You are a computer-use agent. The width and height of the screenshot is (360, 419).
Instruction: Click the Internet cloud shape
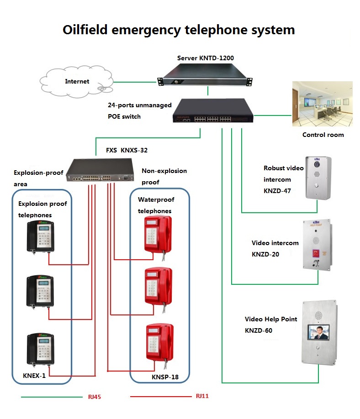pos(77,82)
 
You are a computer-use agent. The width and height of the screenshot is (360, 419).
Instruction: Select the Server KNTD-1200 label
pos(206,58)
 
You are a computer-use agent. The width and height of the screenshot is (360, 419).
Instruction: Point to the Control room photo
pos(322,104)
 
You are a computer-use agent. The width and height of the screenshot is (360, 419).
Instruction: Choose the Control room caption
pos(323,135)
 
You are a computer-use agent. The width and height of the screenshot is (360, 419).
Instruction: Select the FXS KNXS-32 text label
pos(121,150)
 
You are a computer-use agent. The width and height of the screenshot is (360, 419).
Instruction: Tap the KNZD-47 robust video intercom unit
pos(318,178)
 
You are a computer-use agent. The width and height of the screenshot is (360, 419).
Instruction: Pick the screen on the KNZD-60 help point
pos(318,332)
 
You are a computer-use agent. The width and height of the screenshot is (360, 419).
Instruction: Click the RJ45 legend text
pos(94,397)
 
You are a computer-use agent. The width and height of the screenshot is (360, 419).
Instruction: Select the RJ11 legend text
pos(202,396)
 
